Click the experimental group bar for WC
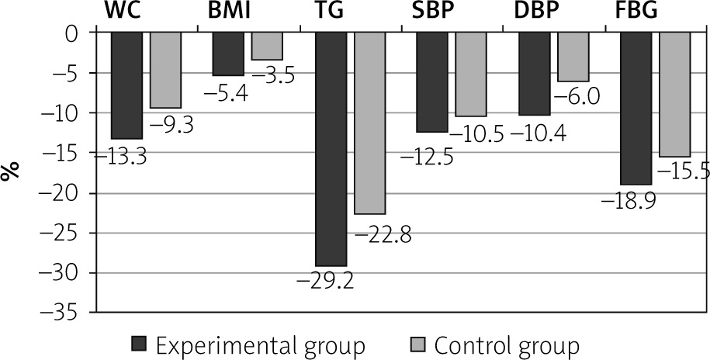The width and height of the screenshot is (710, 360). click(x=127, y=85)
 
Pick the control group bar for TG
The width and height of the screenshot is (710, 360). click(x=369, y=123)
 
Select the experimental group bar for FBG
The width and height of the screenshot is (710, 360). click(x=636, y=109)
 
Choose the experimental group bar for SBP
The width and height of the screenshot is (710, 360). click(x=432, y=82)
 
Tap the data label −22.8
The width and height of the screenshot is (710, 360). click(x=383, y=234)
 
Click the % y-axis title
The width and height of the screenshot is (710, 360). click(x=11, y=172)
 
